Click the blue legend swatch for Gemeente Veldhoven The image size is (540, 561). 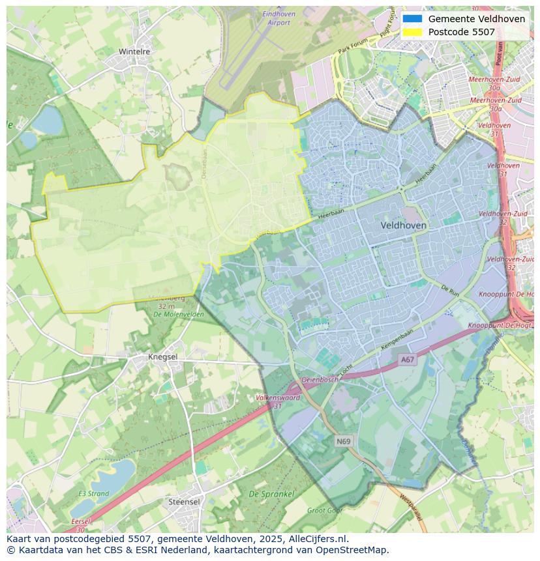(412, 19)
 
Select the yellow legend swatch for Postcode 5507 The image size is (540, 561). (412, 32)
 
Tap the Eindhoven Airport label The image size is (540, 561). (278, 18)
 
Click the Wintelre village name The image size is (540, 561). (134, 51)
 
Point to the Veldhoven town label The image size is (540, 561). (403, 225)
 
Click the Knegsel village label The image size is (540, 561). (163, 357)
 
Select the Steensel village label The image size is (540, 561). (184, 502)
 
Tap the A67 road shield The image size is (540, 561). (408, 360)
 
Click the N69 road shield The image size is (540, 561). (344, 441)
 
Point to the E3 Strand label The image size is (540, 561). (94, 494)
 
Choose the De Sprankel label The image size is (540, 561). (271, 495)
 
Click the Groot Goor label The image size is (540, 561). (325, 511)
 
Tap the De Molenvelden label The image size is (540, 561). (178, 314)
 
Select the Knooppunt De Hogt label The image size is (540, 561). (500, 325)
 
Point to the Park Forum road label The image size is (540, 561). (353, 45)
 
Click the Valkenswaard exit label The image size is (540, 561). (278, 397)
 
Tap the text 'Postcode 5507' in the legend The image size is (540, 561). (461, 32)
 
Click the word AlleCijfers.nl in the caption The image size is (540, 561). (319, 539)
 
